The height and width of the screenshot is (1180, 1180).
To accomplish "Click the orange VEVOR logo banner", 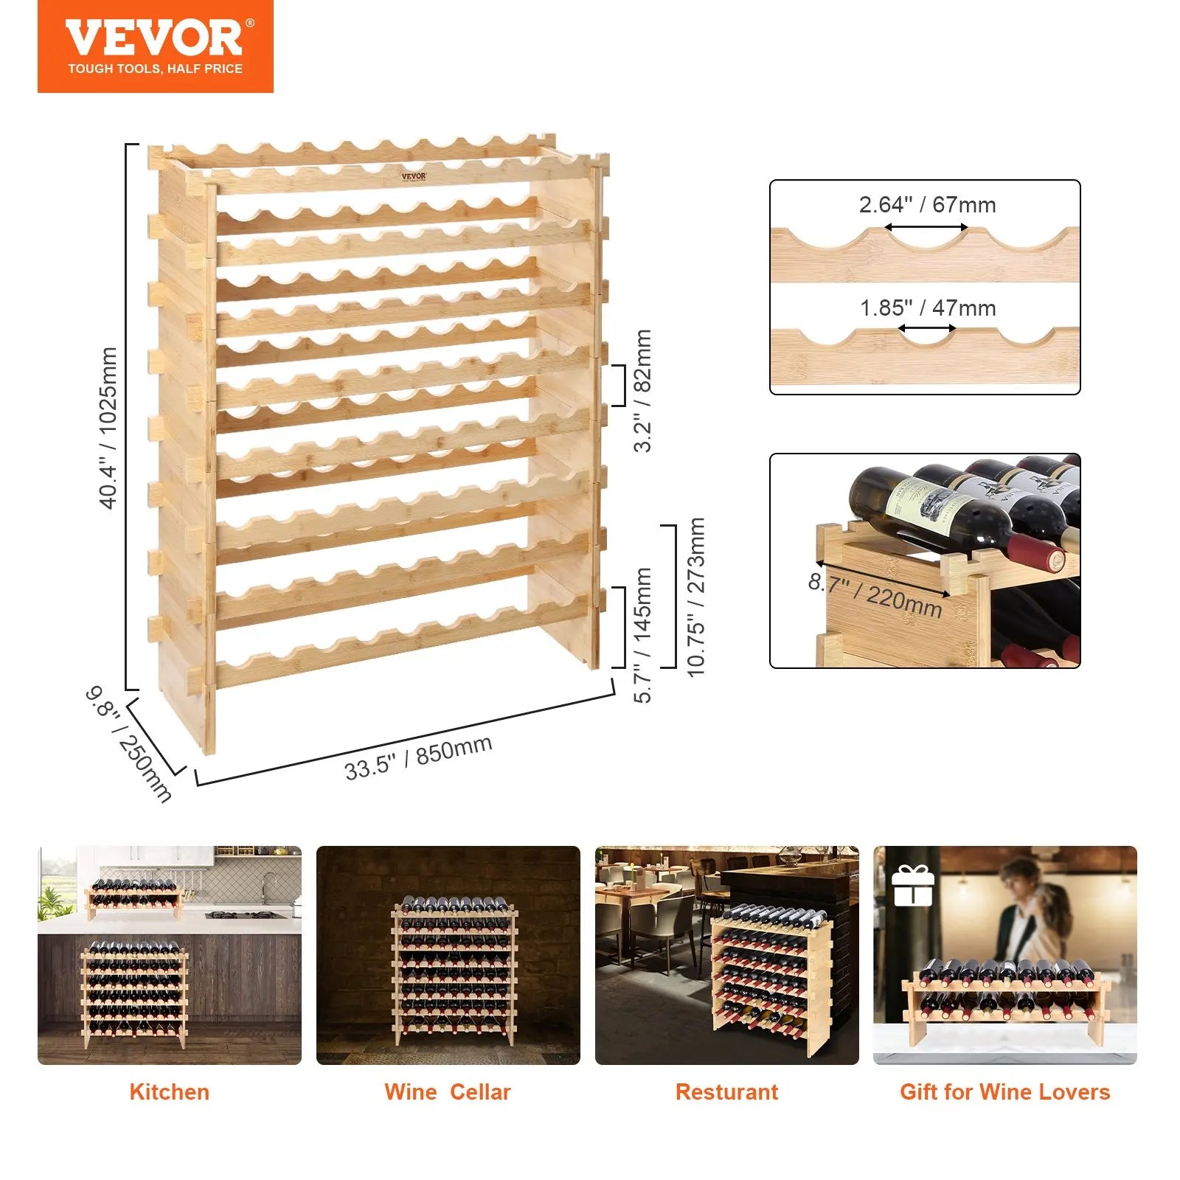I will [155, 46].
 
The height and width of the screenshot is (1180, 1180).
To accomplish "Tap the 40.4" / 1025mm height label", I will [108, 428].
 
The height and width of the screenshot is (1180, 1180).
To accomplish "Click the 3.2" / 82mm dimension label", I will [643, 390].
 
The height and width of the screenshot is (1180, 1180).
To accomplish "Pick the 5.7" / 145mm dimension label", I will [643, 635].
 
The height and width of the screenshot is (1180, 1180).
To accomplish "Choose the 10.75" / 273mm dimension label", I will [695, 597].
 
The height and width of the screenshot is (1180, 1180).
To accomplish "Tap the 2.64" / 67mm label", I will [927, 205].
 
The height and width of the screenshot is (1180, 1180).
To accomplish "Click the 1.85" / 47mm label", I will [928, 308].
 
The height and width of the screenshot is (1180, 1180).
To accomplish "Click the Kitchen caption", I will [169, 1091].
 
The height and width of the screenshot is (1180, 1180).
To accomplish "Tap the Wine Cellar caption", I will [448, 1091].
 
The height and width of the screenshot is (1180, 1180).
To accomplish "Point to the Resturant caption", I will [726, 1091].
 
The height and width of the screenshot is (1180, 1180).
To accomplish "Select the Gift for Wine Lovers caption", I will [1004, 1091].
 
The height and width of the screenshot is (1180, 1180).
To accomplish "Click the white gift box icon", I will [913, 885].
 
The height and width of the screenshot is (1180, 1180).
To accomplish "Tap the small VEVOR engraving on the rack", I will [414, 177].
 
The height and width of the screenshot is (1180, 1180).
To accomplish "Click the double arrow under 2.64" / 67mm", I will [926, 227].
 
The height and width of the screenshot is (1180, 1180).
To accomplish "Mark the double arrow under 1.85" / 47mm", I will [927, 330].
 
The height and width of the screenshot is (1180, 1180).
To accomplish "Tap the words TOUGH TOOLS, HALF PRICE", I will [155, 69].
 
